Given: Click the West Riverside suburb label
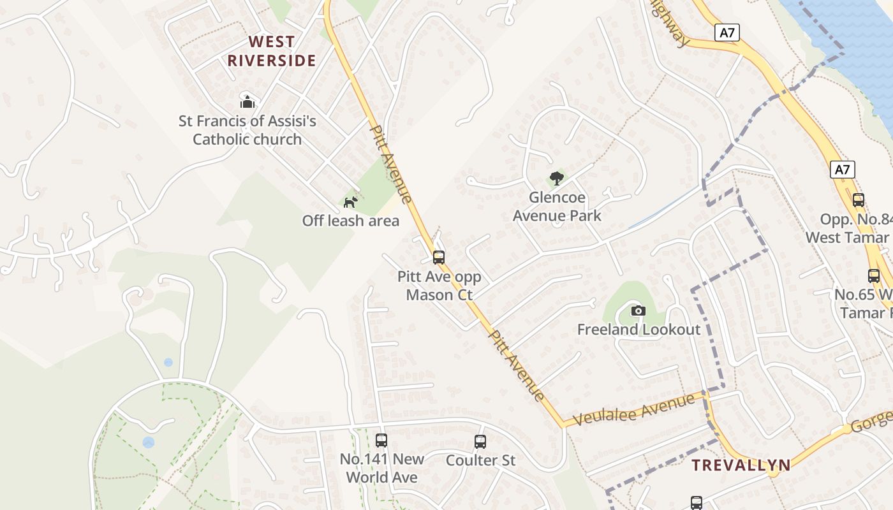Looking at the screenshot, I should click(272, 51).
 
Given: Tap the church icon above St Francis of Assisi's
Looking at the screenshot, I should click(247, 101).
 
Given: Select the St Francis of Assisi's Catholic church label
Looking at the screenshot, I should click(247, 130).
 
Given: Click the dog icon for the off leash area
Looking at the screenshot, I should click(350, 202).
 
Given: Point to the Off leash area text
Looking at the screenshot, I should click(350, 221).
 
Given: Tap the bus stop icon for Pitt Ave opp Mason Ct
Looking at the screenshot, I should click(439, 258).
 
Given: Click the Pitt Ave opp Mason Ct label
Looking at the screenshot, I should click(439, 286).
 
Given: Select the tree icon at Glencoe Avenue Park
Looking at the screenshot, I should click(557, 178).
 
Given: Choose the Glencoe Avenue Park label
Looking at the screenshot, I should click(557, 207).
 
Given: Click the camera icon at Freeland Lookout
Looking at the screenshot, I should click(638, 311).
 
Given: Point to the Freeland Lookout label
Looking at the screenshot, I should click(638, 330).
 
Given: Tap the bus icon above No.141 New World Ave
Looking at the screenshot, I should click(381, 441).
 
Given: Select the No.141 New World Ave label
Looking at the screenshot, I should click(381, 468).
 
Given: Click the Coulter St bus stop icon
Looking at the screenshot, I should click(480, 441).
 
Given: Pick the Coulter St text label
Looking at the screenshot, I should click(480, 460).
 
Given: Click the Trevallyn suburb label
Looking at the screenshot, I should click(741, 465).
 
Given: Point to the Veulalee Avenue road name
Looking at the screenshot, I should click(633, 410).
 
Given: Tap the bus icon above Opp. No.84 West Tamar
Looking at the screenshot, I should click(859, 200).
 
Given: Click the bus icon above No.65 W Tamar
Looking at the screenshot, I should click(874, 276).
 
